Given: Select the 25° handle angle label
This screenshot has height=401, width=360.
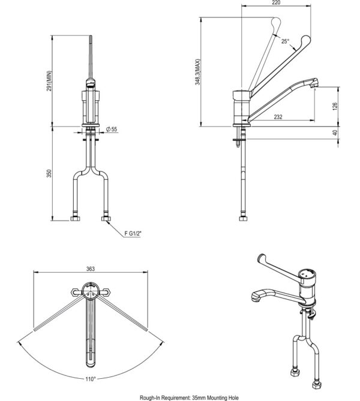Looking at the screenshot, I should [285, 41].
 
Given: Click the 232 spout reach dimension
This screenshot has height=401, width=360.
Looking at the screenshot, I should [278, 117].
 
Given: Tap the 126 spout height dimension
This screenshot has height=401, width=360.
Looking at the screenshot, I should [335, 105].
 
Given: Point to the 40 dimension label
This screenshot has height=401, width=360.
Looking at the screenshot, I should [335, 133].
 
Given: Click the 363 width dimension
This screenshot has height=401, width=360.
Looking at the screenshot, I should [90, 270].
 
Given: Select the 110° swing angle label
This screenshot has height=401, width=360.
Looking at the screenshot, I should [90, 378].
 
